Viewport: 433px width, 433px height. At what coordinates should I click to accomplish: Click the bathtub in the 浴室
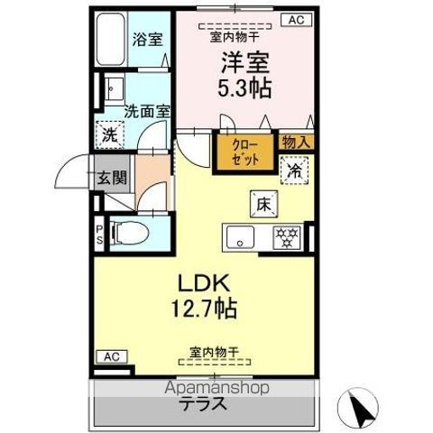(x=110, y=39)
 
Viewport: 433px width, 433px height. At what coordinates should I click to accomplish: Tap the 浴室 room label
(x=148, y=40)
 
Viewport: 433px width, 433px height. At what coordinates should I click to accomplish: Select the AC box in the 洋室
(x=297, y=20)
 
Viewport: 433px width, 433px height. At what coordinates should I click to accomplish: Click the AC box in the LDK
(x=112, y=357)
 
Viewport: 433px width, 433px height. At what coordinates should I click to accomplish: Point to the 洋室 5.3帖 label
(x=244, y=75)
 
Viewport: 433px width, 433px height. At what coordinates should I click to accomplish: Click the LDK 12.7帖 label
(x=204, y=296)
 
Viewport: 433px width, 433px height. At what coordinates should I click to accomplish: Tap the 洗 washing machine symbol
(x=110, y=135)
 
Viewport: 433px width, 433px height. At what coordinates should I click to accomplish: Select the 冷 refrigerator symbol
(x=294, y=170)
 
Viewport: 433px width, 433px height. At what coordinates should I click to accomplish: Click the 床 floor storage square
(x=263, y=205)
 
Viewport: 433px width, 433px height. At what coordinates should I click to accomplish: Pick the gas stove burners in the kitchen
(x=287, y=238)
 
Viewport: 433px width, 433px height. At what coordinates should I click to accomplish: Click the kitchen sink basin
(x=240, y=237)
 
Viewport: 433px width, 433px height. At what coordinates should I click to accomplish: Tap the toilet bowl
(x=130, y=232)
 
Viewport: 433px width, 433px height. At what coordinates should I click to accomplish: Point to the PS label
(x=99, y=235)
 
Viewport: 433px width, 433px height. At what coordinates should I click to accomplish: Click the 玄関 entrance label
(x=112, y=178)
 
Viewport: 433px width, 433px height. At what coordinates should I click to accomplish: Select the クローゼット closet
(x=245, y=152)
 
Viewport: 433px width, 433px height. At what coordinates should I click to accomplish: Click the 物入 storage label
(x=296, y=142)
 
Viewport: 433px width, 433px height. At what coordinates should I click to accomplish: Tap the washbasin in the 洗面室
(x=114, y=89)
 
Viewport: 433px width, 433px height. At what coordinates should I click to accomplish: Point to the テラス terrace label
(x=204, y=403)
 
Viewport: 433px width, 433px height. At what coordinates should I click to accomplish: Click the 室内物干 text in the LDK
(x=214, y=352)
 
